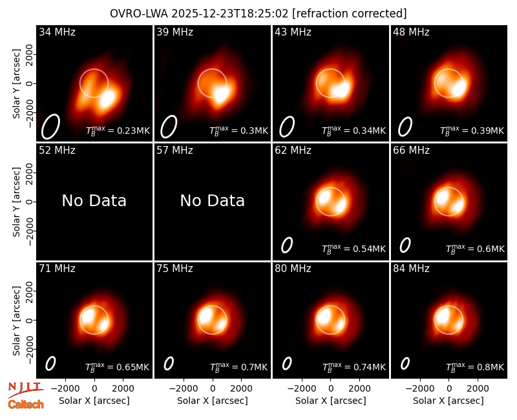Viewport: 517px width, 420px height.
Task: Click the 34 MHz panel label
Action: pos(57,32)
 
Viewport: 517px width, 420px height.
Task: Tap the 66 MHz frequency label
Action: pos(411,151)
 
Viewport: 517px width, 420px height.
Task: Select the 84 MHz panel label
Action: pos(411,269)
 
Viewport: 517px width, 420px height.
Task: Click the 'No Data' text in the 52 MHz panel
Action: pos(94,200)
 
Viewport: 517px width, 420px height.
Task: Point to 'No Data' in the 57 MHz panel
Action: pos(212,200)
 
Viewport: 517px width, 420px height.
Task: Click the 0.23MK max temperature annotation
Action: pos(118,131)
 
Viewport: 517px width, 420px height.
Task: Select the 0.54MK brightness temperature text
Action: pos(353,249)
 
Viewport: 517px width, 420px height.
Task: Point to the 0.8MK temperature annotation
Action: pos(475,367)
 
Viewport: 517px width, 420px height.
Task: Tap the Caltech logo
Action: pos(26,404)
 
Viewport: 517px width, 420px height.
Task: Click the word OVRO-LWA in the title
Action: pos(139,14)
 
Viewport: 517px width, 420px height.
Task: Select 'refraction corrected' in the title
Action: pos(350,14)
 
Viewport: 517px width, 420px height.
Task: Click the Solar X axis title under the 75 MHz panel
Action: pos(213,401)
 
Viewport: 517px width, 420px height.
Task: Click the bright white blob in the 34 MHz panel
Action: pos(108,98)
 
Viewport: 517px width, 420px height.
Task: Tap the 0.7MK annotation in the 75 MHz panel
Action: pos(238,367)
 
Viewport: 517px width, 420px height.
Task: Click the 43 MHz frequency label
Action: pos(293,32)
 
